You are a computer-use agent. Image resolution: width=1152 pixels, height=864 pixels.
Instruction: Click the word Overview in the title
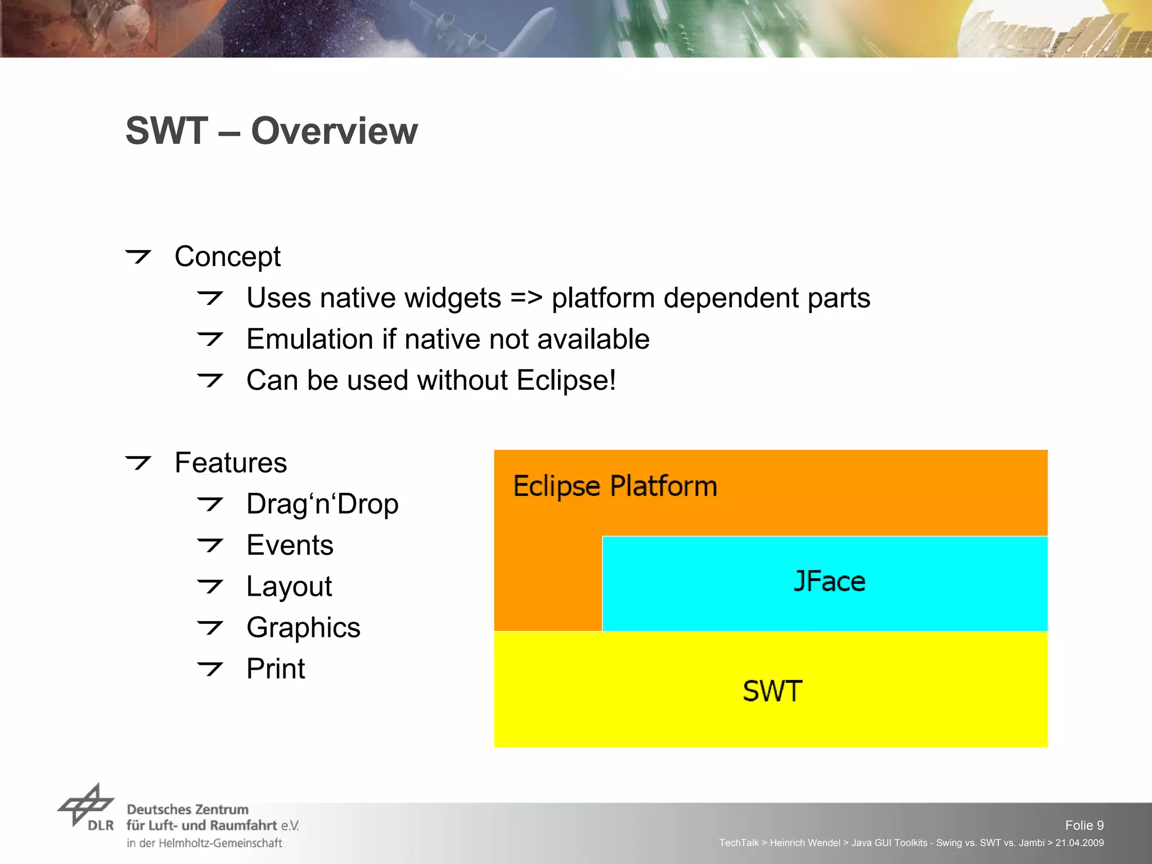[x=334, y=131]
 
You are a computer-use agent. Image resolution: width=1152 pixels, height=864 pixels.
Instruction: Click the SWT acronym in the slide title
[x=166, y=131]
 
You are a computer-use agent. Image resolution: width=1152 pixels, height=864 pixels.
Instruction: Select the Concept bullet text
[x=227, y=257]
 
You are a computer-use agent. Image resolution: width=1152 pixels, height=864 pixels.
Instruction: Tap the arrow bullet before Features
[x=138, y=463]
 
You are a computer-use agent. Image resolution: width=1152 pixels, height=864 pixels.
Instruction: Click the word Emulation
[x=310, y=339]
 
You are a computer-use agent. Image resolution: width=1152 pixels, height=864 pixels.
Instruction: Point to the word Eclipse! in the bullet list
[x=566, y=380]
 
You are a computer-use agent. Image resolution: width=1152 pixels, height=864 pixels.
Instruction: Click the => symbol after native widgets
[x=526, y=298]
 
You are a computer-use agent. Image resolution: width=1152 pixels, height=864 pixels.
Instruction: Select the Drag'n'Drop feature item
[x=322, y=504]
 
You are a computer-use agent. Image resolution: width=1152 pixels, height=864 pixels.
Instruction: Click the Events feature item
[x=290, y=545]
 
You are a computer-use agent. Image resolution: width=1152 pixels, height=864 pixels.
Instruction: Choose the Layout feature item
[x=289, y=587]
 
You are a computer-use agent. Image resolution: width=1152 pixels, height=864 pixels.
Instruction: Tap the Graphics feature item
[x=303, y=628]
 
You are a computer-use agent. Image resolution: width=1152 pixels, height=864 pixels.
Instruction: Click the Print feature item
[x=276, y=669]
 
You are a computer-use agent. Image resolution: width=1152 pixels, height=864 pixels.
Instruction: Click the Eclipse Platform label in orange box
[x=615, y=486]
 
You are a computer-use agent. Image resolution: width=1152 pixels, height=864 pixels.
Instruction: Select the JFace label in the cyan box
[x=829, y=582]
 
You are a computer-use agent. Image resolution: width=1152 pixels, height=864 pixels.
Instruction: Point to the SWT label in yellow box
[x=772, y=691]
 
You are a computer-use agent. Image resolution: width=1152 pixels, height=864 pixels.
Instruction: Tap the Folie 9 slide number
[x=1084, y=825]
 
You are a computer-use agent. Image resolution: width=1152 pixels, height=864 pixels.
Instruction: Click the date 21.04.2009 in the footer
[x=1079, y=843]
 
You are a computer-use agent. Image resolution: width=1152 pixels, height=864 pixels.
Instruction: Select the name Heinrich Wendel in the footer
[x=804, y=843]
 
